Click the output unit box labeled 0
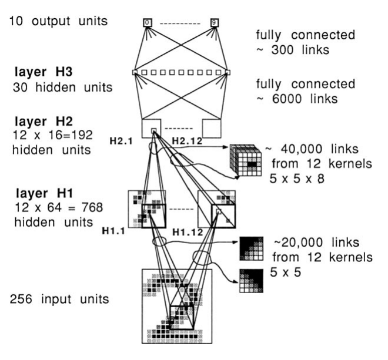(x=148, y=23)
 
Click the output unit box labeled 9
(x=214, y=23)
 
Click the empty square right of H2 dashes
(x=210, y=128)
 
